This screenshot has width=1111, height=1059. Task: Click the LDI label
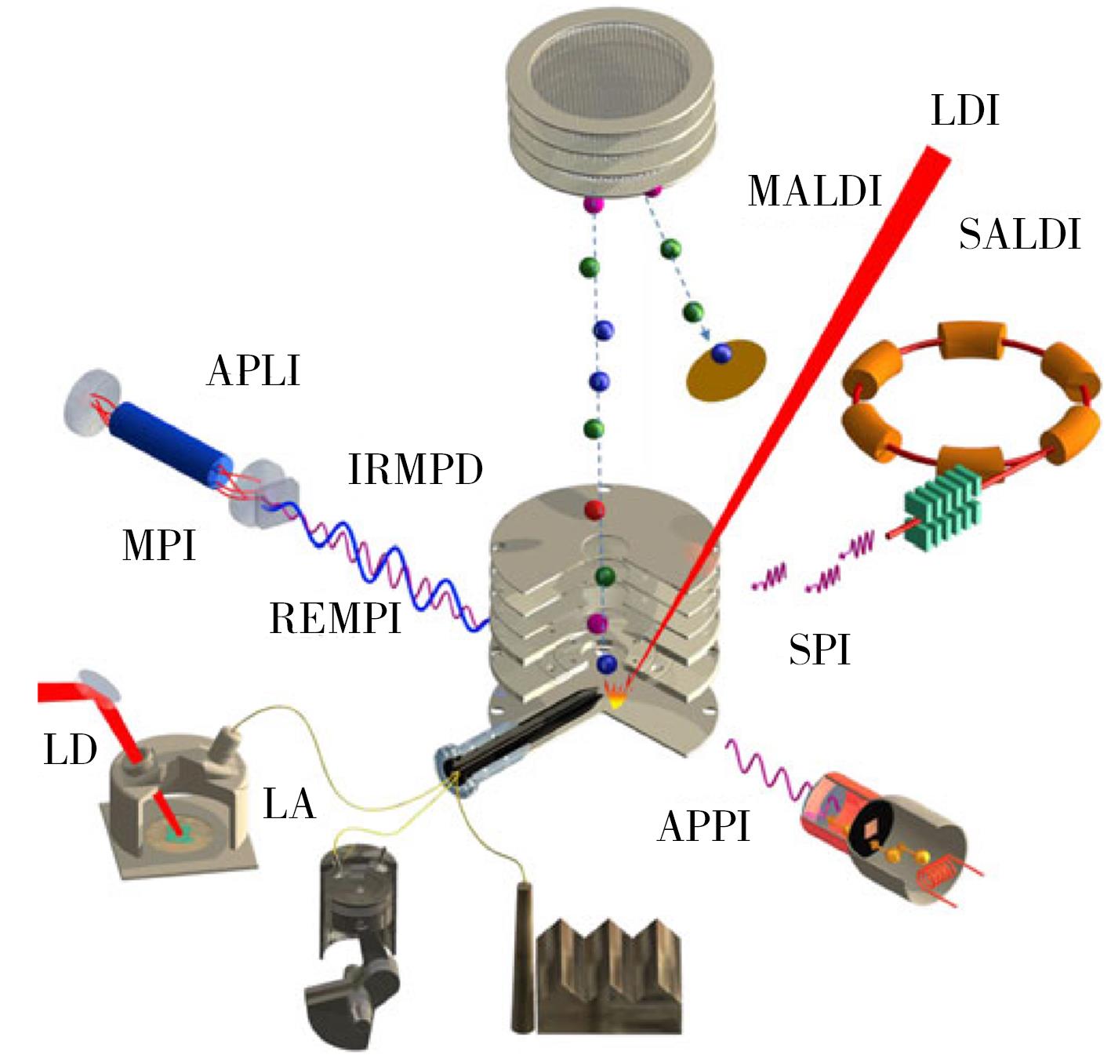coord(965,111)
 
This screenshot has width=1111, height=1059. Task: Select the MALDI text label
coord(815,191)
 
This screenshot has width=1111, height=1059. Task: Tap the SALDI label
coord(1019,235)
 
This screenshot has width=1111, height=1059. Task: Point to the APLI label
coord(253,370)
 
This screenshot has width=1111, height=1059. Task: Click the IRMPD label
coord(415,470)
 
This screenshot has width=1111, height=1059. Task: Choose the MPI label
coord(158,544)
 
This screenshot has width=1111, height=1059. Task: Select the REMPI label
coord(336,618)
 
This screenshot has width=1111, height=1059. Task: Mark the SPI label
coord(819,650)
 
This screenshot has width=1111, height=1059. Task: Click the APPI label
coord(703,826)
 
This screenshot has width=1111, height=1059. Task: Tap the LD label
coord(71,750)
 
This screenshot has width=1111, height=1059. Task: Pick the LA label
coord(289,804)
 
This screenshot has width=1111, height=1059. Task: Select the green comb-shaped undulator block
coord(940,511)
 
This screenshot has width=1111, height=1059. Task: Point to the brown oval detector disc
coord(725,369)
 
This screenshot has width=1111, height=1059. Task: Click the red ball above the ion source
coord(595,510)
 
